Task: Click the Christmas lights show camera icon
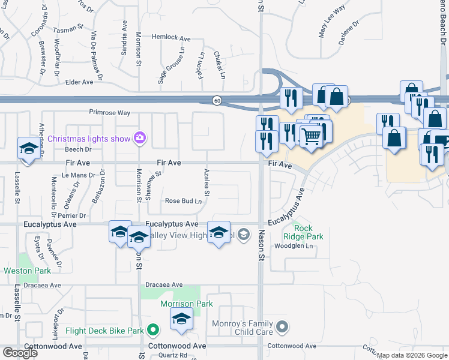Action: [x=140, y=139]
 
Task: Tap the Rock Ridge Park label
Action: [x=309, y=232]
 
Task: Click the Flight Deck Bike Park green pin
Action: [x=153, y=330]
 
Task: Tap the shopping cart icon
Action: [x=310, y=136]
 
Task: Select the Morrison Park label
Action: [x=187, y=304]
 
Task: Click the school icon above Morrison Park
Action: [x=181, y=319]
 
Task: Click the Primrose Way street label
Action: [x=110, y=112]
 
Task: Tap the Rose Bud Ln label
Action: [x=183, y=201]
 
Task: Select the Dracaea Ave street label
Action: [x=163, y=284]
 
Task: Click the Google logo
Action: [x=20, y=353]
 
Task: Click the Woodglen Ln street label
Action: [x=294, y=245]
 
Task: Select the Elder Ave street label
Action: [x=79, y=82]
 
